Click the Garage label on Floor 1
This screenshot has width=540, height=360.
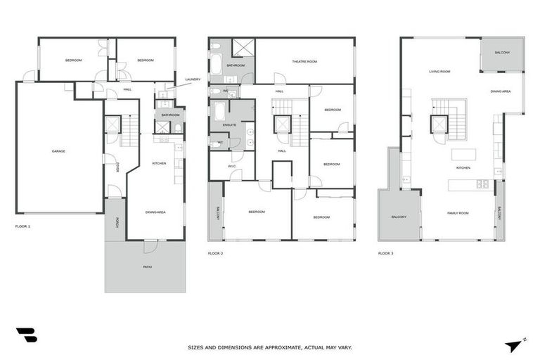[58, 151]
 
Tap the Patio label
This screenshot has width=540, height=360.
[147, 267]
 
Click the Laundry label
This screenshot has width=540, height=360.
[193, 79]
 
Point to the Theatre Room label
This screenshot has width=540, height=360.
[304, 62]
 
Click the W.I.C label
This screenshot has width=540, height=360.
[231, 167]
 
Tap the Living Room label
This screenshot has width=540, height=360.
[439, 72]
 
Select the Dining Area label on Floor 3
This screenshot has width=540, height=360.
[501, 91]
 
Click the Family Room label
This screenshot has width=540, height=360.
[458, 212]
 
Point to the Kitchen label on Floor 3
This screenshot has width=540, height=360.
[463, 168]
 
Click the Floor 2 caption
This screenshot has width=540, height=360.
[215, 252]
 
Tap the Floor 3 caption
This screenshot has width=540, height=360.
[385, 252]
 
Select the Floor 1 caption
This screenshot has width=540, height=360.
[22, 226]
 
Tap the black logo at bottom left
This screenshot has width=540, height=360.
[26, 335]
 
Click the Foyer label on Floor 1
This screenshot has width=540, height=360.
[119, 167]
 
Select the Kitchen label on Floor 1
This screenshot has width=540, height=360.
[159, 163]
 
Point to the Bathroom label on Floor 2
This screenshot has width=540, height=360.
[236, 65]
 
